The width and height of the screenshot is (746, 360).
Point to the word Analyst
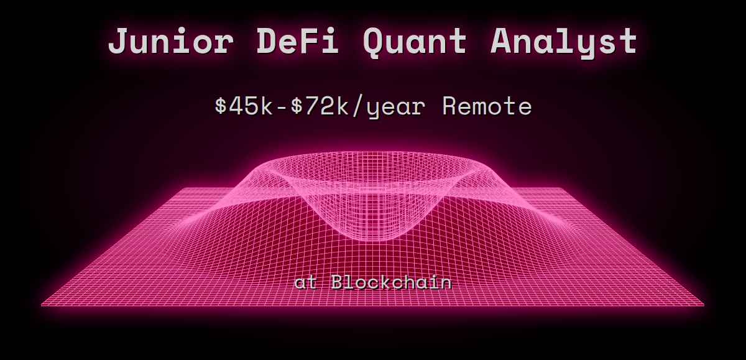tap(564, 42)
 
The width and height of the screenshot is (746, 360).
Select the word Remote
tap(487, 106)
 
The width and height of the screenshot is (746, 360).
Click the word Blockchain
tap(392, 283)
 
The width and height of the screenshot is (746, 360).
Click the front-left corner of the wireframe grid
tap(42, 305)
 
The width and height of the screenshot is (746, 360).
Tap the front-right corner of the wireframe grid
tap(704, 305)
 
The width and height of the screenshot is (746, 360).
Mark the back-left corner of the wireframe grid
tap(185, 188)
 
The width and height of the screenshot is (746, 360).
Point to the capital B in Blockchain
tap(338, 283)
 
